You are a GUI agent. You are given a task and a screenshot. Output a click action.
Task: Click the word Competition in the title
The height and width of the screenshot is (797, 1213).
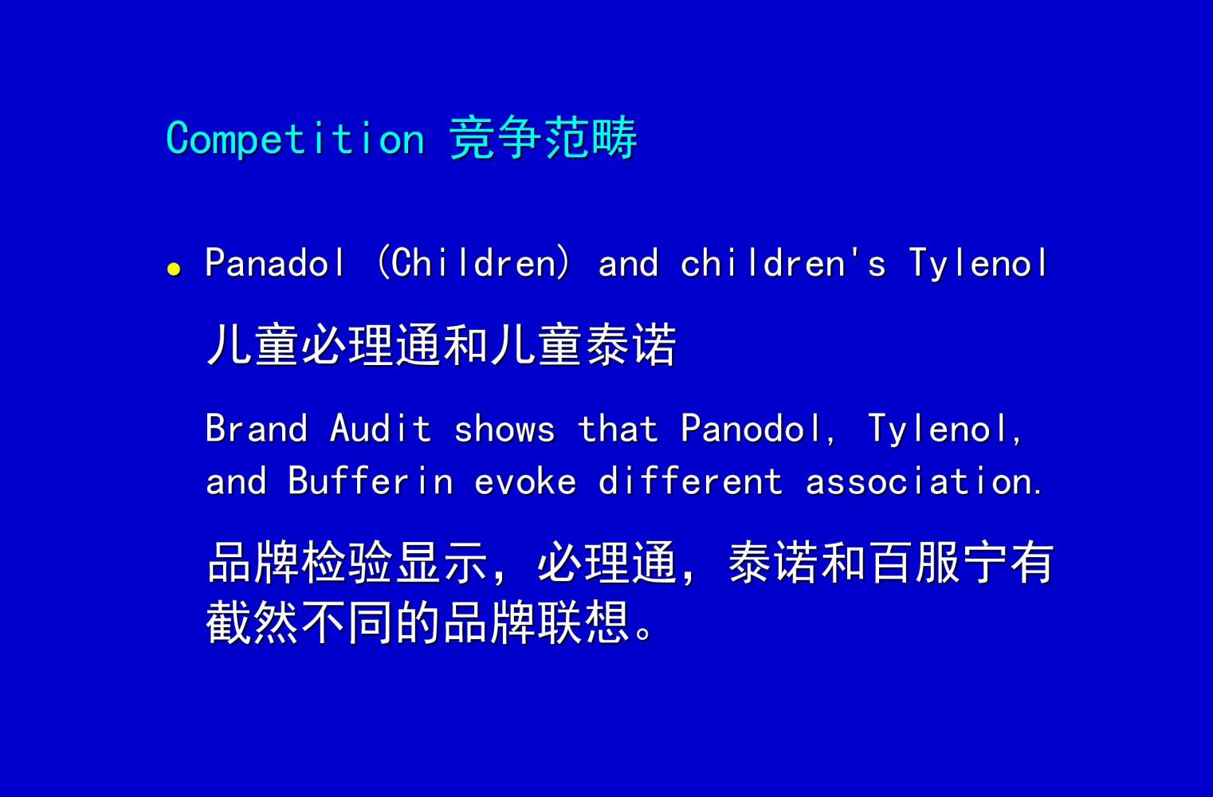tap(295, 139)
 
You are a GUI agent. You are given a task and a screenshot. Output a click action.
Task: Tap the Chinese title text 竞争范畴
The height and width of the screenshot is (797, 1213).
tap(543, 138)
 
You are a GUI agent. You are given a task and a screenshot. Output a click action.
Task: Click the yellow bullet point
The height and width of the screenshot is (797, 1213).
tap(174, 269)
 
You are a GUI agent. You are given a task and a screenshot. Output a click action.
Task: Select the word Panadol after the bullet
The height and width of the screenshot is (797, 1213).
tap(274, 262)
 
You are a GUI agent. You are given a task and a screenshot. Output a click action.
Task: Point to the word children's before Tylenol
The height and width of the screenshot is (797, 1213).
tap(783, 262)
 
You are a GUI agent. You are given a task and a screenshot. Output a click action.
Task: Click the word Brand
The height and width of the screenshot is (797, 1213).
tap(257, 428)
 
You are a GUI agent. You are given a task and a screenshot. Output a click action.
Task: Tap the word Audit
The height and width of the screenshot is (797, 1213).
tap(380, 428)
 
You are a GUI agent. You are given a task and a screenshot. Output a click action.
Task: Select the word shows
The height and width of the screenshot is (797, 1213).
tap(504, 428)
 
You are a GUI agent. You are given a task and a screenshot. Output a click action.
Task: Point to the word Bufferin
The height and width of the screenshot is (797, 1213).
tap(371, 480)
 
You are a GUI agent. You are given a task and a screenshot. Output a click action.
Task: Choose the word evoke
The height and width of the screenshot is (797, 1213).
tap(525, 480)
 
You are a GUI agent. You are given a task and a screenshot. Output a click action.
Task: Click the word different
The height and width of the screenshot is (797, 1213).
tap(690, 480)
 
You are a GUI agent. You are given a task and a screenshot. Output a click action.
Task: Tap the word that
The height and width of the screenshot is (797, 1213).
tap(618, 428)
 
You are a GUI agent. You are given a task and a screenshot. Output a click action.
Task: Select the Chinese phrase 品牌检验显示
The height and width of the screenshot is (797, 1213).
tap(347, 563)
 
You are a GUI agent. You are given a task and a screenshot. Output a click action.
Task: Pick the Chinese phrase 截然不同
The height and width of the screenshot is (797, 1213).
tap(299, 622)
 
